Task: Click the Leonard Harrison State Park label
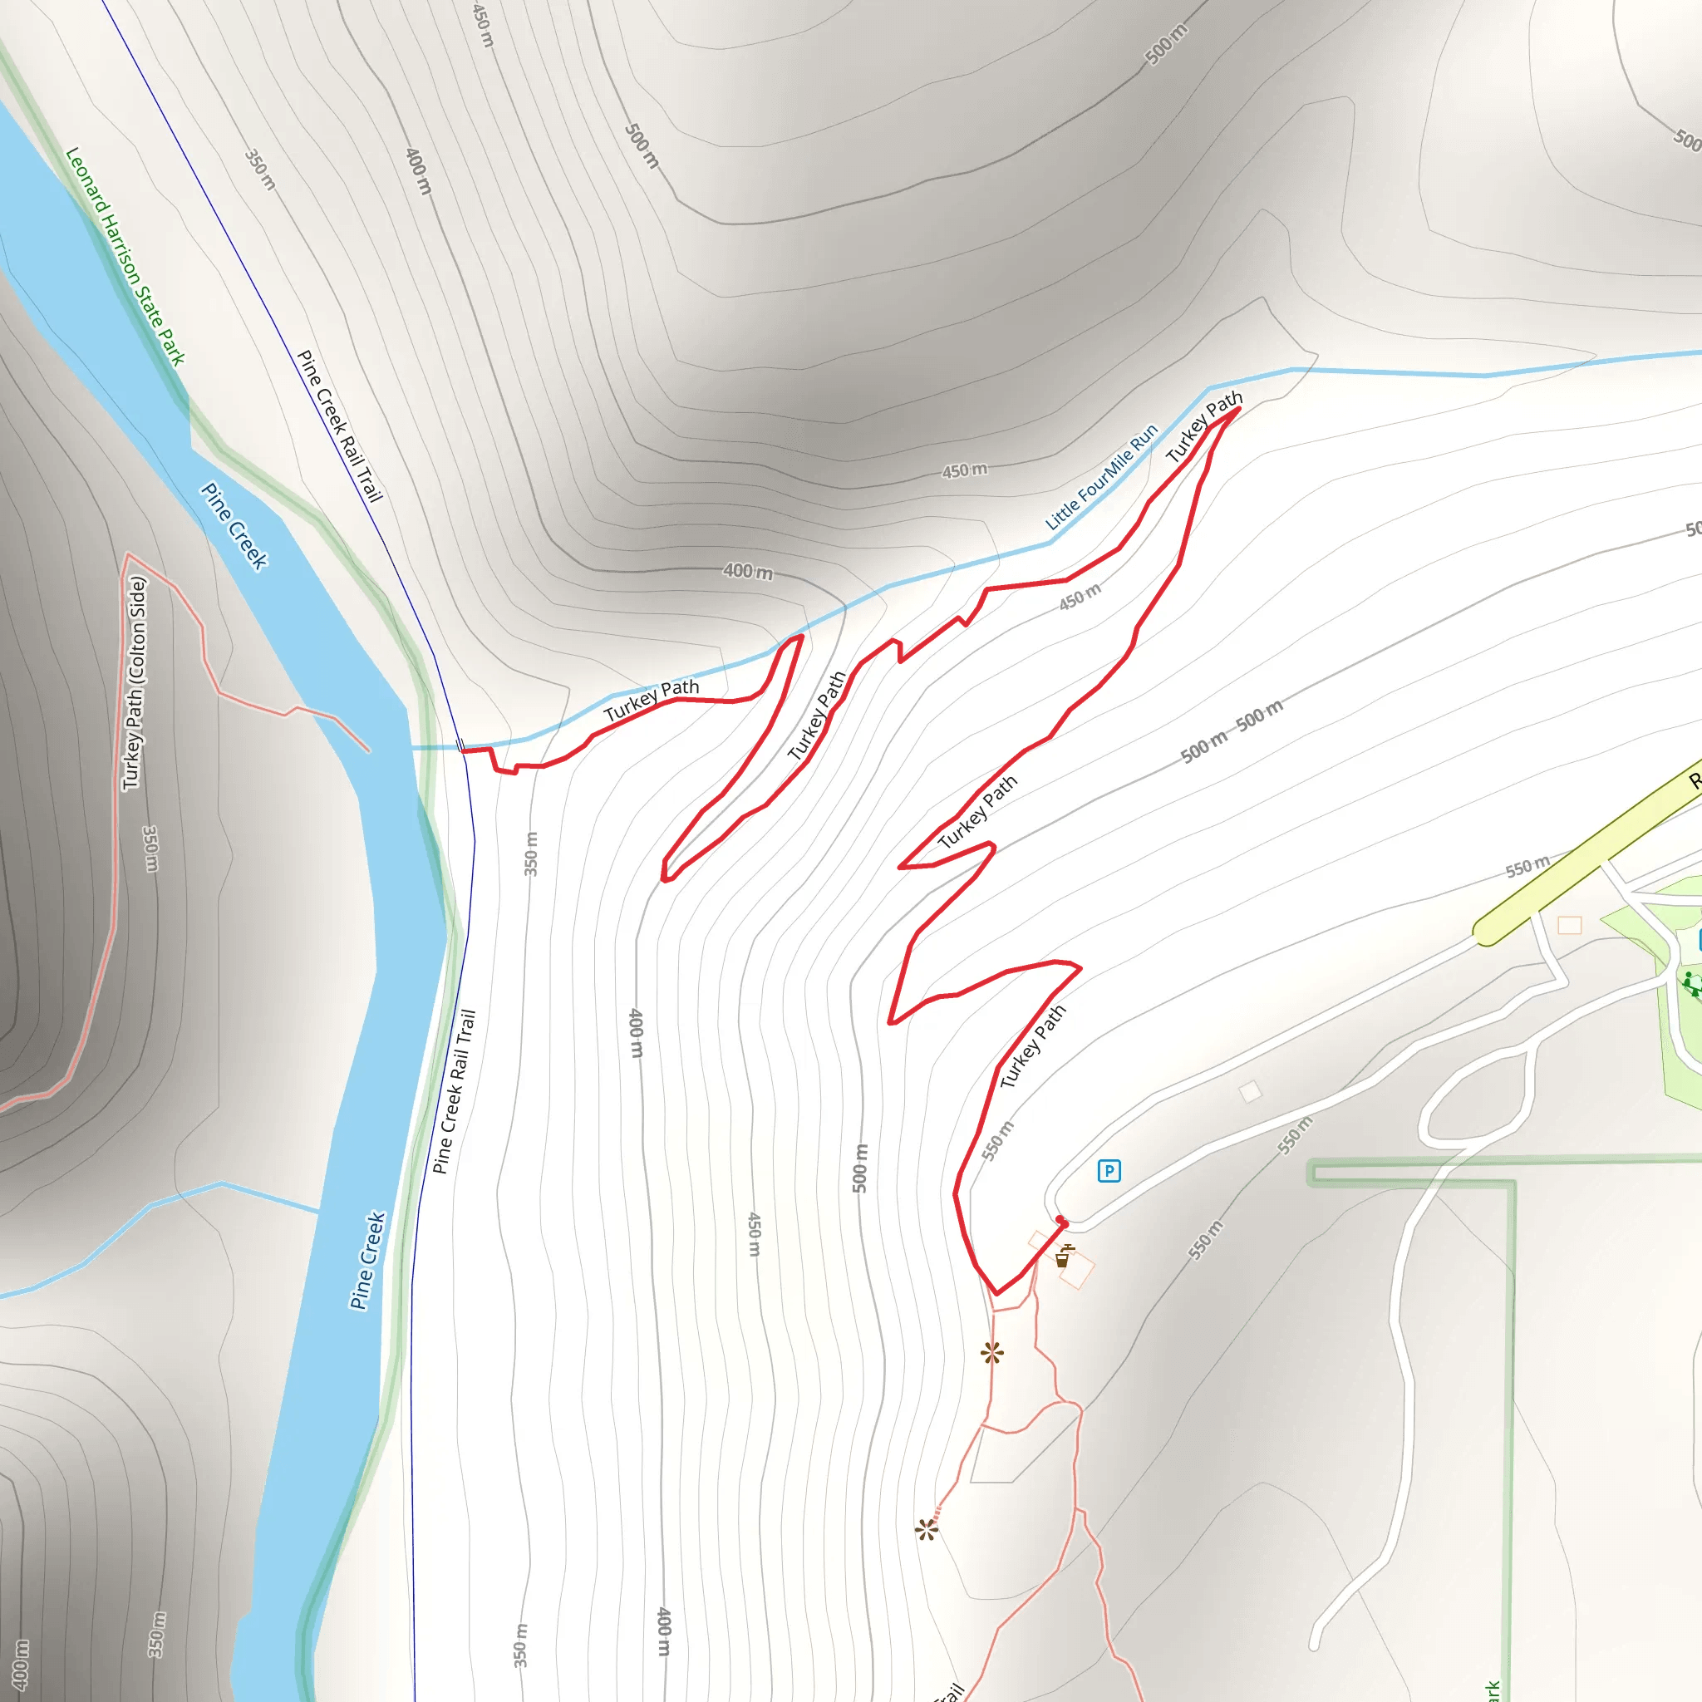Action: point(126,255)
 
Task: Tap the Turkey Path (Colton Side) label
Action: point(134,683)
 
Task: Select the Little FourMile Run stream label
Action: point(1101,478)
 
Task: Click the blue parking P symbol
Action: point(1109,1171)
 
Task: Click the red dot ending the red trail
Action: point(1061,1221)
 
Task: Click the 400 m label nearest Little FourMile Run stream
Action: point(748,571)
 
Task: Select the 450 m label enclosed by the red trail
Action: point(1080,597)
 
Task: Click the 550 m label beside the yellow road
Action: point(1527,867)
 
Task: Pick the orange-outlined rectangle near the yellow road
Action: point(1570,925)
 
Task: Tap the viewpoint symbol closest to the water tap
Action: point(992,1352)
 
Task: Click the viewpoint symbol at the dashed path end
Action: point(927,1529)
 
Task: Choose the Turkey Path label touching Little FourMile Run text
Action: point(1203,427)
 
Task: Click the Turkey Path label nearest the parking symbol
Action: point(1032,1045)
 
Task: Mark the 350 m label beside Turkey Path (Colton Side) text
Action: point(151,849)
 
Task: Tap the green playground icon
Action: point(1690,983)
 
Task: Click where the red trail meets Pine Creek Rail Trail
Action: point(463,750)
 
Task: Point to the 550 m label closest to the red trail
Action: point(998,1141)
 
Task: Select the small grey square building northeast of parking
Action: point(1250,1092)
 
